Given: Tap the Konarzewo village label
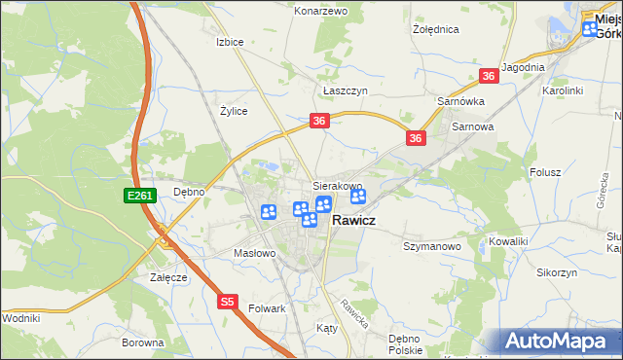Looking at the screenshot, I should tap(321, 11).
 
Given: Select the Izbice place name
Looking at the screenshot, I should tap(230, 43).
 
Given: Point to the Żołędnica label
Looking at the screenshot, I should tap(435, 29).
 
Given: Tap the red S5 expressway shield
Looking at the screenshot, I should tap(227, 302).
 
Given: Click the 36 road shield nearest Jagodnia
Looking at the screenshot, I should tap(489, 76).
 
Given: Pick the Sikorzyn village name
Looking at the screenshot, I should tap(557, 272).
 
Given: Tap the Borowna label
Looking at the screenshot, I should tap(143, 343).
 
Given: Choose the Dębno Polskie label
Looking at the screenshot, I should tap(404, 343).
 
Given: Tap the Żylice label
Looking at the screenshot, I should tap(234, 111).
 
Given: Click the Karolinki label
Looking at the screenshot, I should tap(563, 90).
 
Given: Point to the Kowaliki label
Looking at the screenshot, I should tap(509, 239).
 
